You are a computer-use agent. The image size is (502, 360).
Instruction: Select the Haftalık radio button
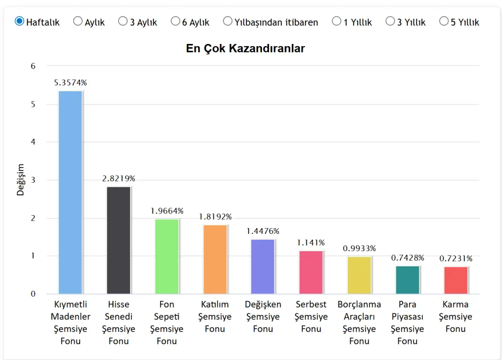pyautogui.click(x=19, y=21)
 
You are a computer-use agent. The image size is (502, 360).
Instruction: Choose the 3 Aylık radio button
pyautogui.click(x=123, y=21)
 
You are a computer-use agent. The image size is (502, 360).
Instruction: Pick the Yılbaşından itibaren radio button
pyautogui.click(x=227, y=21)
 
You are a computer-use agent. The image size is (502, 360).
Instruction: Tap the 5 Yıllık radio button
pyautogui.click(x=444, y=21)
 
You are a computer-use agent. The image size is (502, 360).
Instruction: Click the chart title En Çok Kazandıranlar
pyautogui.click(x=245, y=49)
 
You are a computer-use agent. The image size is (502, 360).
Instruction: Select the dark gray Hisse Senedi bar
pyautogui.click(x=119, y=240)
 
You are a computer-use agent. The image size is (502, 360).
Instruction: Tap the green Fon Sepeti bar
pyautogui.click(x=167, y=256)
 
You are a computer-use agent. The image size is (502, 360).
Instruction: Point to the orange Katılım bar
pyautogui.click(x=215, y=259)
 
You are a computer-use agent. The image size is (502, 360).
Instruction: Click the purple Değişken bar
pyautogui.click(x=263, y=266)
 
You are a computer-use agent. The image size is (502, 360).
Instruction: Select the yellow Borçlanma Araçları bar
pyautogui.click(x=359, y=275)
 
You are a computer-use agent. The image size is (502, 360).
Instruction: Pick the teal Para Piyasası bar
pyautogui.click(x=407, y=280)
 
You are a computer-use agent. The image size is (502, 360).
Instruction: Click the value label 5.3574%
pyautogui.click(x=70, y=83)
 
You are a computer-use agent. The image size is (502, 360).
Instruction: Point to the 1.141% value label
pyautogui.click(x=311, y=243)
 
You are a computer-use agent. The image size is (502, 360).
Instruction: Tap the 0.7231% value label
pyautogui.click(x=455, y=258)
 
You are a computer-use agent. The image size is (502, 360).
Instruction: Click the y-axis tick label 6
pyautogui.click(x=33, y=66)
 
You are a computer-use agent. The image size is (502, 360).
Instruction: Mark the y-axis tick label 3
pyautogui.click(x=33, y=180)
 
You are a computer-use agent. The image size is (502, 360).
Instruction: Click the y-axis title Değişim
pyautogui.click(x=20, y=179)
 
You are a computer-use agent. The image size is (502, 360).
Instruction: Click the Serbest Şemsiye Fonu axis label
pyautogui.click(x=311, y=317)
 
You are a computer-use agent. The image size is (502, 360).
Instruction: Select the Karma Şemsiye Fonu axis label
pyautogui.click(x=455, y=317)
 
